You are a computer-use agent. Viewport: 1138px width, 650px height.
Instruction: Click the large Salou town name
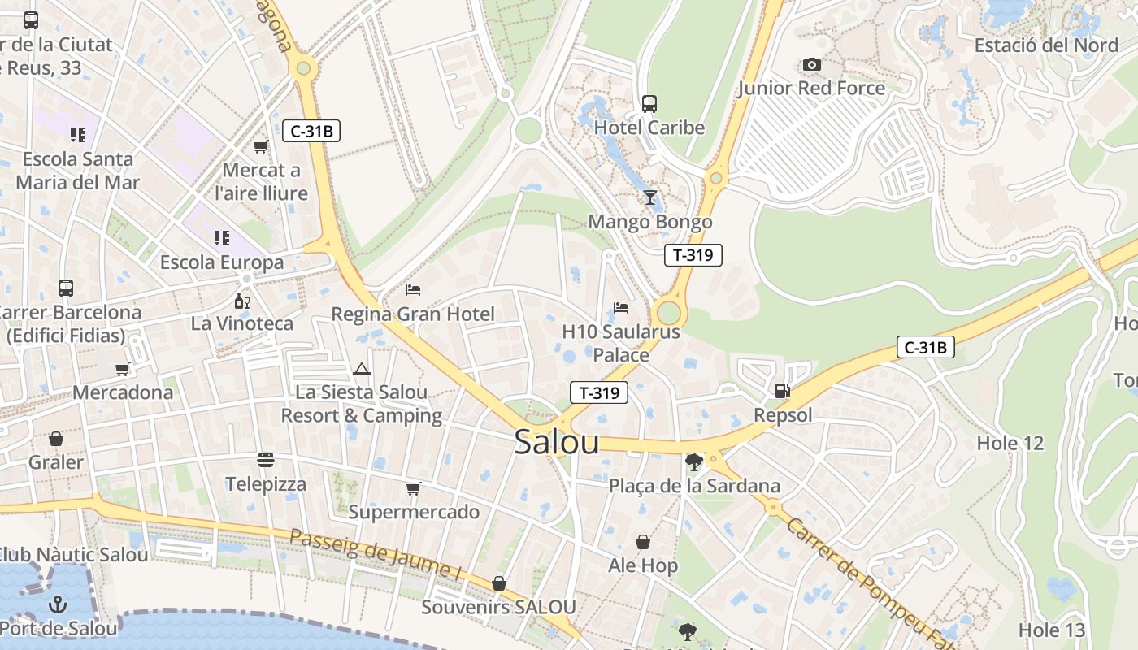point(557,442)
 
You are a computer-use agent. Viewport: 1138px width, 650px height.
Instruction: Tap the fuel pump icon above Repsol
point(782,391)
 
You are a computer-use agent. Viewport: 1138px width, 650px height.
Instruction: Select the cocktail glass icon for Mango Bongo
point(649,197)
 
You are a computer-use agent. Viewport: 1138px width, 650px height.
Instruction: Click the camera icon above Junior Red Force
point(811,64)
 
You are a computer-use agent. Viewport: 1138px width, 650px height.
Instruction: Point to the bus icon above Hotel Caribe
point(649,104)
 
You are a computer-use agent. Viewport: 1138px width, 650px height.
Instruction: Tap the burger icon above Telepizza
point(266,460)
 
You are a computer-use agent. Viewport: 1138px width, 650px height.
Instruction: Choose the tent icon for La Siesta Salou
point(362,370)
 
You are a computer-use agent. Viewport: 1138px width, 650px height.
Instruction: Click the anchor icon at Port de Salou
point(57,604)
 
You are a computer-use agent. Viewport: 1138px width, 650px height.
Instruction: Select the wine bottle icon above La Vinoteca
point(241,301)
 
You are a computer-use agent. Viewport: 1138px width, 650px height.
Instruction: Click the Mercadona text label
point(123,392)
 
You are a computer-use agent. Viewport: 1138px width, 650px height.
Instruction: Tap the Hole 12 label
point(1010,443)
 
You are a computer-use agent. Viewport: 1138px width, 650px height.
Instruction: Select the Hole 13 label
point(1051,630)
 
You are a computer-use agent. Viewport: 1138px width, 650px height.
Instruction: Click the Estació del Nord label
point(1046,45)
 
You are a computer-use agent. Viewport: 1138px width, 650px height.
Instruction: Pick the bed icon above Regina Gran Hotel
point(413,290)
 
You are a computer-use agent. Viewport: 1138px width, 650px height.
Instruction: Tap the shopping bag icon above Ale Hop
point(643,542)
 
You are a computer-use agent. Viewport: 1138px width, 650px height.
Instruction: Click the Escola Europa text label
point(222,262)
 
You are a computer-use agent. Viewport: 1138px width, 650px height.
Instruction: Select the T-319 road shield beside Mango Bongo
point(693,255)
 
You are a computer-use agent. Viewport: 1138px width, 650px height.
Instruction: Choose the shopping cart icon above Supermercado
point(414,488)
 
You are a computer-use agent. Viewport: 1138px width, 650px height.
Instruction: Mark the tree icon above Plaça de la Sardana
point(693,462)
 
